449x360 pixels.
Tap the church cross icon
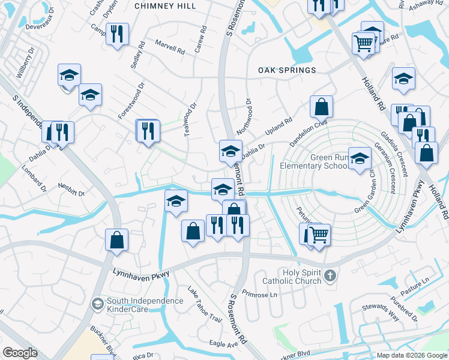pyautogui.click(x=330, y=276)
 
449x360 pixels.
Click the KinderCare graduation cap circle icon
pyautogui.click(x=97, y=305)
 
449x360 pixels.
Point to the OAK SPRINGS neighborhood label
pyautogui.click(x=287, y=70)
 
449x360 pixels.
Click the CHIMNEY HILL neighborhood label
pyautogui.click(x=165, y=5)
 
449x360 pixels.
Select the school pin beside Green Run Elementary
pyautogui.click(x=360, y=158)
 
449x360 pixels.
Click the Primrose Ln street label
pyautogui.click(x=261, y=294)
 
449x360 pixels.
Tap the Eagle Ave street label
pyautogui.click(x=223, y=344)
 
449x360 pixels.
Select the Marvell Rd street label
pyautogui.click(x=169, y=47)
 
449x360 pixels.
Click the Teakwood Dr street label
pyautogui.click(x=190, y=118)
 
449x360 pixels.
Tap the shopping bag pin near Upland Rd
pyautogui.click(x=322, y=107)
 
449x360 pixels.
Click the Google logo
pyautogui.click(x=20, y=353)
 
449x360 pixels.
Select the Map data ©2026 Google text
pyautogui.click(x=411, y=355)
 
